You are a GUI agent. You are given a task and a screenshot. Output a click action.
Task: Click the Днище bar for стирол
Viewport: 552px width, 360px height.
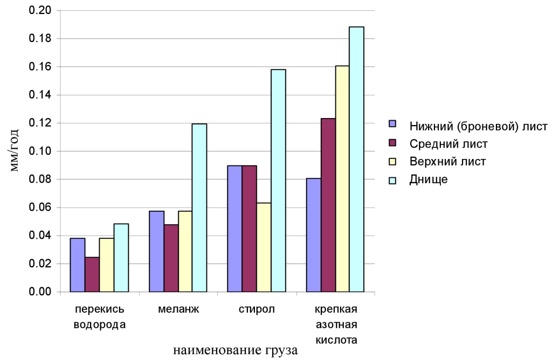click(x=278, y=181)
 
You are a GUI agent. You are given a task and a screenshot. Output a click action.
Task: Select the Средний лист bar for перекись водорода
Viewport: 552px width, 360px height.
click(x=92, y=274)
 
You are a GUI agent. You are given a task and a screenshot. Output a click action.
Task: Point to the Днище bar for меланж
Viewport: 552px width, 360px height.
click(x=199, y=207)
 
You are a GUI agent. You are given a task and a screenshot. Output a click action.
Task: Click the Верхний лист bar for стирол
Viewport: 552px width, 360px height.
click(x=264, y=247)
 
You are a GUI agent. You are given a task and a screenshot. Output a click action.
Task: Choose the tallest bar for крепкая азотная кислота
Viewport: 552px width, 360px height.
click(x=356, y=159)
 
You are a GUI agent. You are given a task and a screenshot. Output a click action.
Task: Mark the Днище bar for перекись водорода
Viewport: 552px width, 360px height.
click(x=121, y=258)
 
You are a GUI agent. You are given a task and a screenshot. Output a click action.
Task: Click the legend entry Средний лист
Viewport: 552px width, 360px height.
click(x=440, y=144)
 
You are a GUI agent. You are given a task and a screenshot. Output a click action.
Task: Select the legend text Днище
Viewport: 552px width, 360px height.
click(x=429, y=179)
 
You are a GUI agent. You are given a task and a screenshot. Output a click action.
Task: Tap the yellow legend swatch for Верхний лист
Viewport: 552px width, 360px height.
click(x=393, y=162)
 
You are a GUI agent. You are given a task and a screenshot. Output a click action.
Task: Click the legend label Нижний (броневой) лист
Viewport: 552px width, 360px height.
click(x=478, y=126)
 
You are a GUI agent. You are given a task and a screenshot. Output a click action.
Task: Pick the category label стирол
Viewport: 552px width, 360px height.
click(x=257, y=310)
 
